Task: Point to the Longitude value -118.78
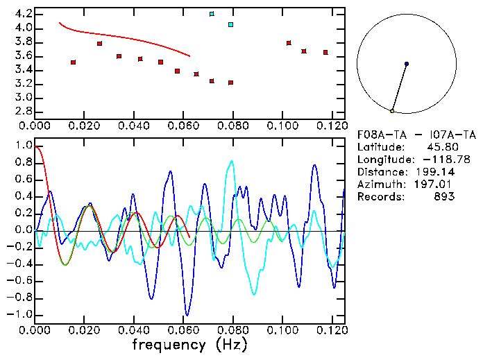click(x=434, y=160)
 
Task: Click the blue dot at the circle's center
click(x=407, y=64)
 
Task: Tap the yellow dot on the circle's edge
click(x=392, y=111)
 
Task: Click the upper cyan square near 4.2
click(x=212, y=14)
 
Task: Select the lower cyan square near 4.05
click(x=230, y=25)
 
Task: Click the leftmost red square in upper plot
click(x=73, y=62)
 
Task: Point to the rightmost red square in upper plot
click(x=325, y=52)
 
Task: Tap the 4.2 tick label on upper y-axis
click(x=23, y=14)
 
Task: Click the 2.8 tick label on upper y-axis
click(x=23, y=111)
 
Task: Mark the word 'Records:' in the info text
click(x=379, y=197)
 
